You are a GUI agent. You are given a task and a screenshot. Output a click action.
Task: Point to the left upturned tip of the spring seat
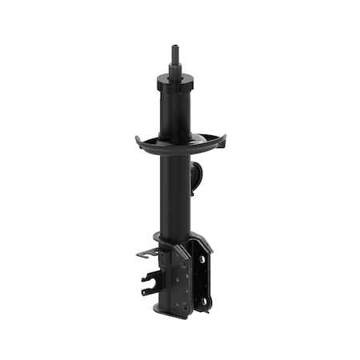click(138, 140)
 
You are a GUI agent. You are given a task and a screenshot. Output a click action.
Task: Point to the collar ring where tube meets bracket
click(168, 238)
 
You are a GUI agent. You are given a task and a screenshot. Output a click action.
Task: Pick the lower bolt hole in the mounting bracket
click(205, 301)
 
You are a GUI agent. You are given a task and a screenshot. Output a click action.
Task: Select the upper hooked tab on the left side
click(145, 254)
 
